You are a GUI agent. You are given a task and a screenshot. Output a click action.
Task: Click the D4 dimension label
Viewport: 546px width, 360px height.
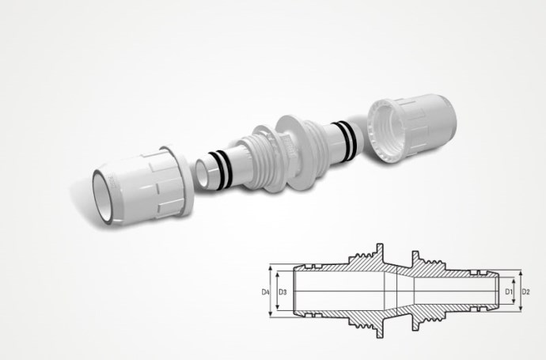tap(265, 292)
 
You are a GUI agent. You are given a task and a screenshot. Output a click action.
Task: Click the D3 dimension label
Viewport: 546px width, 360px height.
tap(282, 292)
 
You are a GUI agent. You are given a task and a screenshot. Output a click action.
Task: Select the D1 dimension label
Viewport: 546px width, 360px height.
tap(509, 291)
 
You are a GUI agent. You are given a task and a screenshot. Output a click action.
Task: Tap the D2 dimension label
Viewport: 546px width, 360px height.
tap(525, 291)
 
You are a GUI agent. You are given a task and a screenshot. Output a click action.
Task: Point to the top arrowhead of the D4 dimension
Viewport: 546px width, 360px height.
tap(271, 267)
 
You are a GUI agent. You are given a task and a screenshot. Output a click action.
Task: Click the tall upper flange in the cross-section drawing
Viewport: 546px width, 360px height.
tap(380, 252)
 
